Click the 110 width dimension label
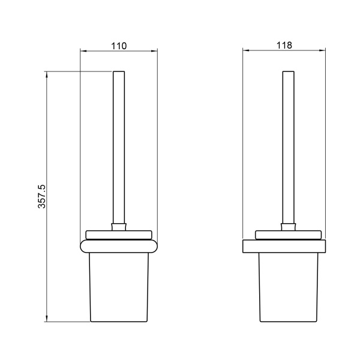[119, 46]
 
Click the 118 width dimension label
[284, 45]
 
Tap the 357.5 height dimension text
[42, 196]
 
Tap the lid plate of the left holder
[119, 235]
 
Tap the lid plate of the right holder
[289, 235]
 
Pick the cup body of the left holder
[119, 287]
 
